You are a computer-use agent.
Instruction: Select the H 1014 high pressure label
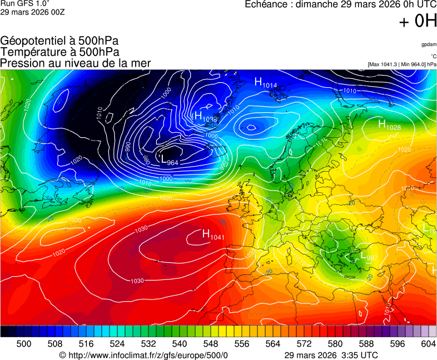(266, 83)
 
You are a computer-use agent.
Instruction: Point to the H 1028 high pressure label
(390, 125)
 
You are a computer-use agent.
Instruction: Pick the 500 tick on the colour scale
(24, 344)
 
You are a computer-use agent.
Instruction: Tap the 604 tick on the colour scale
(428, 344)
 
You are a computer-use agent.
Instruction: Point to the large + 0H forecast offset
(418, 21)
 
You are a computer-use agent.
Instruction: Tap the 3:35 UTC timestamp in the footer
(360, 355)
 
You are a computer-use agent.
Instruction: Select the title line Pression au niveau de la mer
(75, 63)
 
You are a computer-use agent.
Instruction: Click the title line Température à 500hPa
(59, 52)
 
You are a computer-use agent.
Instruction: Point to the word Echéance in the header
(266, 4)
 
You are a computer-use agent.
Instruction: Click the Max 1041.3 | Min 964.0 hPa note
(402, 64)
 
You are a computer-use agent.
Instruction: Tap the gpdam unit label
(428, 44)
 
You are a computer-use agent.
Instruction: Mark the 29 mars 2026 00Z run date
(32, 12)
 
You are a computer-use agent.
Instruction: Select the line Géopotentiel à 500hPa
(59, 41)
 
